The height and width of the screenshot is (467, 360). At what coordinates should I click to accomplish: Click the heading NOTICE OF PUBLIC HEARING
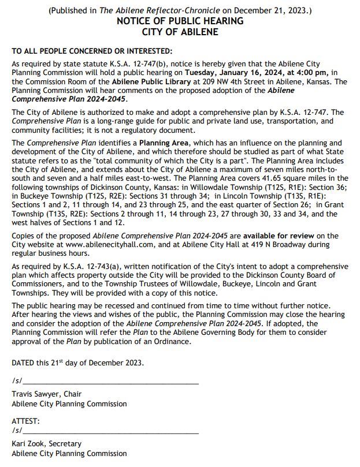(180, 21)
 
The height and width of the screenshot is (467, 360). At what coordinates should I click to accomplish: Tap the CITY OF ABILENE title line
(180, 32)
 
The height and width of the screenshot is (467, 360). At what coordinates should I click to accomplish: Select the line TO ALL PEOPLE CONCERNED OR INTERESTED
(92, 51)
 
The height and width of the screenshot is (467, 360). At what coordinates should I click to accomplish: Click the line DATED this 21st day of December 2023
(77, 363)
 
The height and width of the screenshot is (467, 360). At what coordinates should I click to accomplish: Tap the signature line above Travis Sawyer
(110, 383)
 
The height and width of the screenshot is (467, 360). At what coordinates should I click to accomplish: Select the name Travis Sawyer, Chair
(46, 394)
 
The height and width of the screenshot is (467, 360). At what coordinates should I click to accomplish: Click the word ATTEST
(25, 421)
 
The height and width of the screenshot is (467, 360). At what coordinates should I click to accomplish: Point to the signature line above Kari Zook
(110, 432)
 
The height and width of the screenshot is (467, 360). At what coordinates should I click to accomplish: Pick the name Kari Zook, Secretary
(46, 444)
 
